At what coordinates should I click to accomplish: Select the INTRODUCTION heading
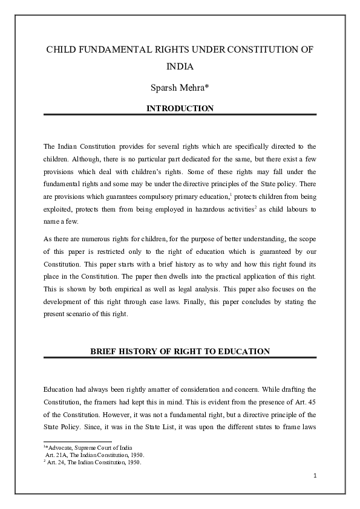[x=180, y=109]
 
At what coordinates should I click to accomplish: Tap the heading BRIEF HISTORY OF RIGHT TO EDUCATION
[x=180, y=351]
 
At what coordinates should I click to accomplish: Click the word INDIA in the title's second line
[x=180, y=70]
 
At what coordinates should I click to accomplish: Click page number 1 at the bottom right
[x=315, y=475]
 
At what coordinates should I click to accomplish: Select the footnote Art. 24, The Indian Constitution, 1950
[x=91, y=462]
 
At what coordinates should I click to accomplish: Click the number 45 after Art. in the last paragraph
[x=312, y=402]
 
